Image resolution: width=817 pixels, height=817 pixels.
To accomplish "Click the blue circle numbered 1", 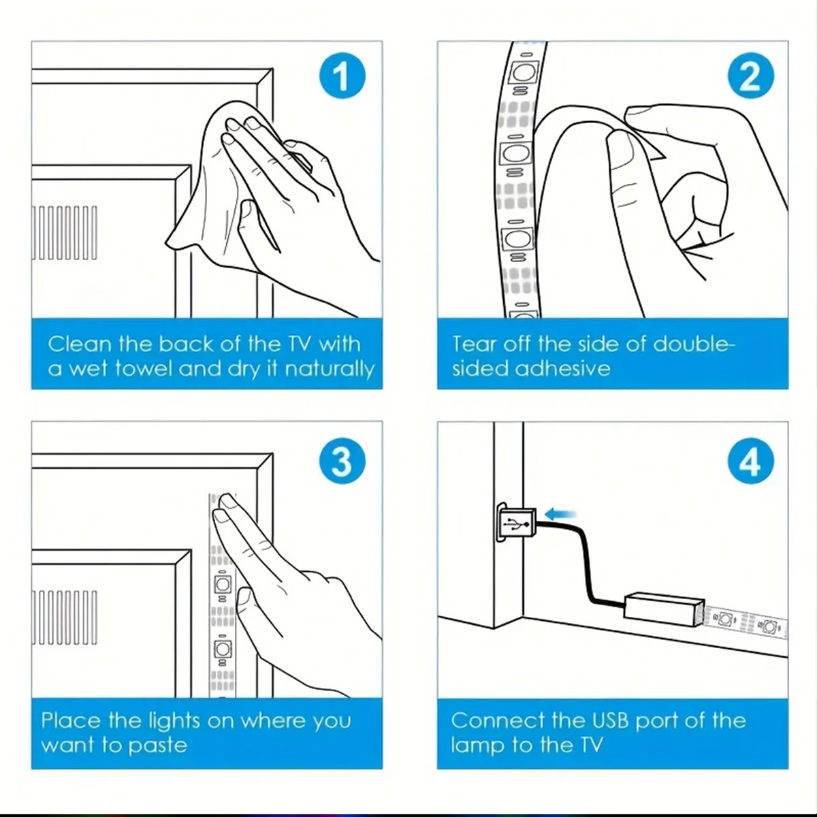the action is (342, 76).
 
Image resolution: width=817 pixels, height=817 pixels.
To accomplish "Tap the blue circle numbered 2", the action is (750, 76).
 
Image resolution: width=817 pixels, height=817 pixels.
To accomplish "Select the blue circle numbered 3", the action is (342, 461).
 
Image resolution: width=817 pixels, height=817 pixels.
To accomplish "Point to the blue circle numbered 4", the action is (750, 461).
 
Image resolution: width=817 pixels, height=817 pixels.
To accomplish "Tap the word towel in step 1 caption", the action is (144, 368).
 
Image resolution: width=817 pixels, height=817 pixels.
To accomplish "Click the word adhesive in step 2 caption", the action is (563, 368).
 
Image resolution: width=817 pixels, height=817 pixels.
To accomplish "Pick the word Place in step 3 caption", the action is (71, 720).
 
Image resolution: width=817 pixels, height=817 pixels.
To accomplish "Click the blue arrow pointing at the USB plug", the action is (560, 515).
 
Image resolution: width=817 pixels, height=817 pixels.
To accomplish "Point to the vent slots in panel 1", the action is (65, 233).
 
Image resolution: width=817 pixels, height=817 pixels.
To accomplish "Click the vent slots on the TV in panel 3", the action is (65, 618).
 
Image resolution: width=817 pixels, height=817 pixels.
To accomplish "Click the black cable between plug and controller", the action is (586, 564).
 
